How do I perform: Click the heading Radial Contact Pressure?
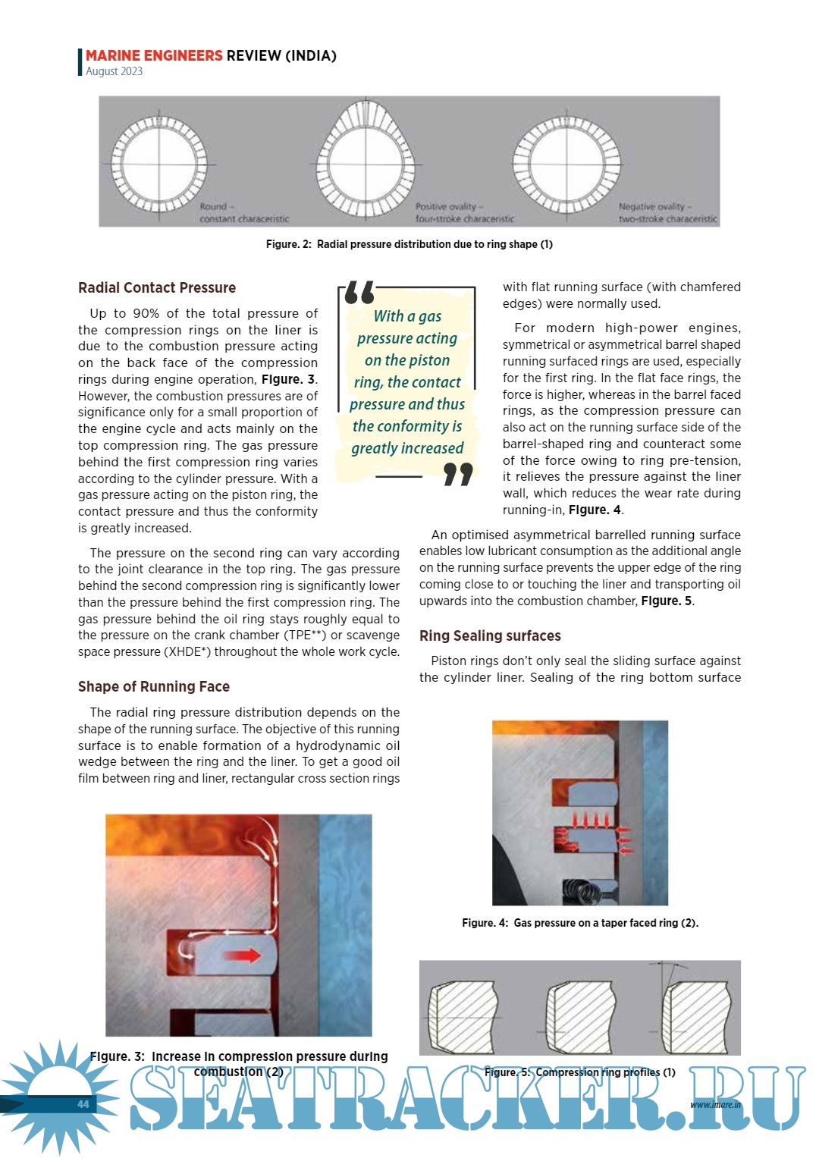click(x=157, y=288)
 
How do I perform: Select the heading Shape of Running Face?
click(x=154, y=687)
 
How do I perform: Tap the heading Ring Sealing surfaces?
click(x=490, y=636)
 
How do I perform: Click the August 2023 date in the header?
click(x=114, y=71)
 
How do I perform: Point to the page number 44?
click(x=83, y=1104)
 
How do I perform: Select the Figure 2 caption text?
click(x=409, y=244)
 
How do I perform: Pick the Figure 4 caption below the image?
click(x=580, y=923)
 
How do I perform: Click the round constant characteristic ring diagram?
click(x=159, y=163)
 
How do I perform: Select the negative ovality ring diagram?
click(x=566, y=163)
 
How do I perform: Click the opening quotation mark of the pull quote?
click(x=359, y=293)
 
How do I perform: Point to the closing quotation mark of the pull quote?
click(x=458, y=475)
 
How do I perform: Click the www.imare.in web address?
click(x=715, y=1104)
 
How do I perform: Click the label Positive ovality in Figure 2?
click(x=446, y=206)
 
